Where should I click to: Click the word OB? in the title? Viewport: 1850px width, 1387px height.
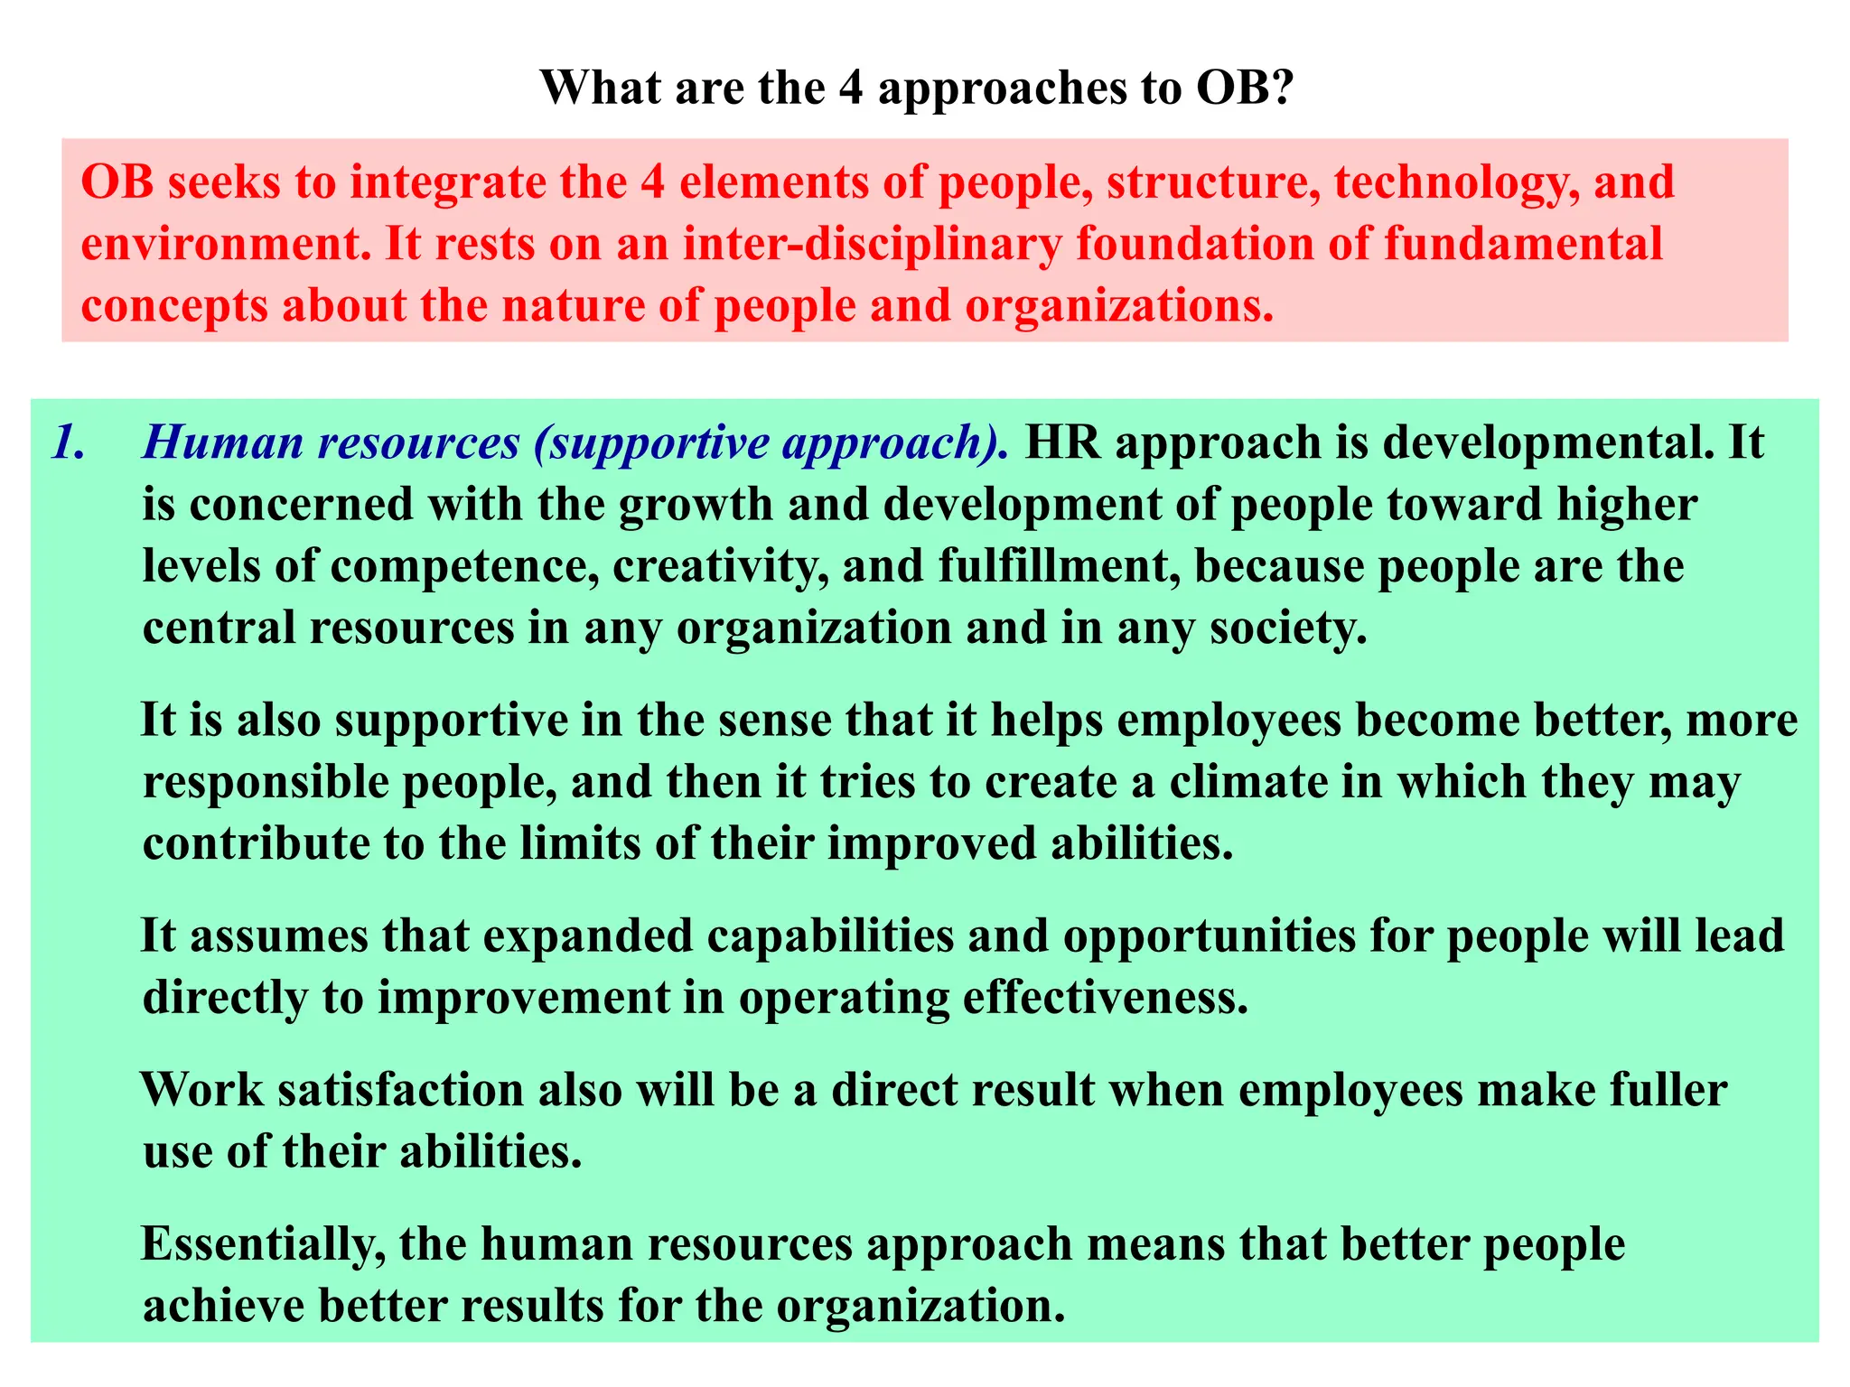tap(1246, 88)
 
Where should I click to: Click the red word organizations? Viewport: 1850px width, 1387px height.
tap(1119, 305)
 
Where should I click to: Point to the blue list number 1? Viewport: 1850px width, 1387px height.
tap(69, 442)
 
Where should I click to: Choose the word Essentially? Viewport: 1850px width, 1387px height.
tap(262, 1245)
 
